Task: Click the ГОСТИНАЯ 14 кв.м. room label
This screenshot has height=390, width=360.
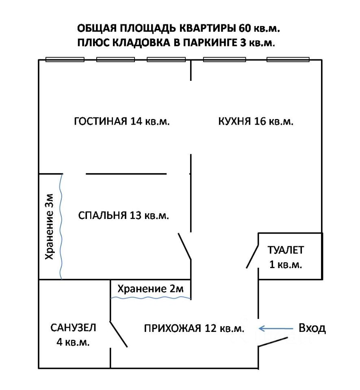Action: pos(121,121)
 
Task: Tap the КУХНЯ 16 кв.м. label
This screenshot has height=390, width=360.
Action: pos(256,121)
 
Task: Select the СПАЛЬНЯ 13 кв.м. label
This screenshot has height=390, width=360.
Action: pos(123,215)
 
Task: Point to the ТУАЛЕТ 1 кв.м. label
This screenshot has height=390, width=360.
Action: pos(285,257)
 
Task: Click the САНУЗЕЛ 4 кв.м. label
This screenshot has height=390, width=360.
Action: pos(73,334)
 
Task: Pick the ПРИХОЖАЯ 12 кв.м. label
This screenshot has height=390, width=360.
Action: pos(194,328)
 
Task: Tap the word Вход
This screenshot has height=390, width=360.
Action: pos(312,328)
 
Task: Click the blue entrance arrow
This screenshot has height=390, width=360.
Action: pos(276,328)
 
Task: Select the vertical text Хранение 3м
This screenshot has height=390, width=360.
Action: pos(49,227)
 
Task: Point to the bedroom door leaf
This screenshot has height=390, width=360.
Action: pos(184,246)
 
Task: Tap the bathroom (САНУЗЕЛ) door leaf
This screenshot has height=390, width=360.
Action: pos(119,334)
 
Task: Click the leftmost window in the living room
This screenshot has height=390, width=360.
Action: pos(65,60)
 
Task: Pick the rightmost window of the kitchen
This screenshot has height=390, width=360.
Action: pos(288,60)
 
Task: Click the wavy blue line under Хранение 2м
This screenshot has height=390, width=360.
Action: pos(151,298)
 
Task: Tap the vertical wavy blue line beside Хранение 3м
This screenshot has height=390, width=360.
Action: pos(61,227)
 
